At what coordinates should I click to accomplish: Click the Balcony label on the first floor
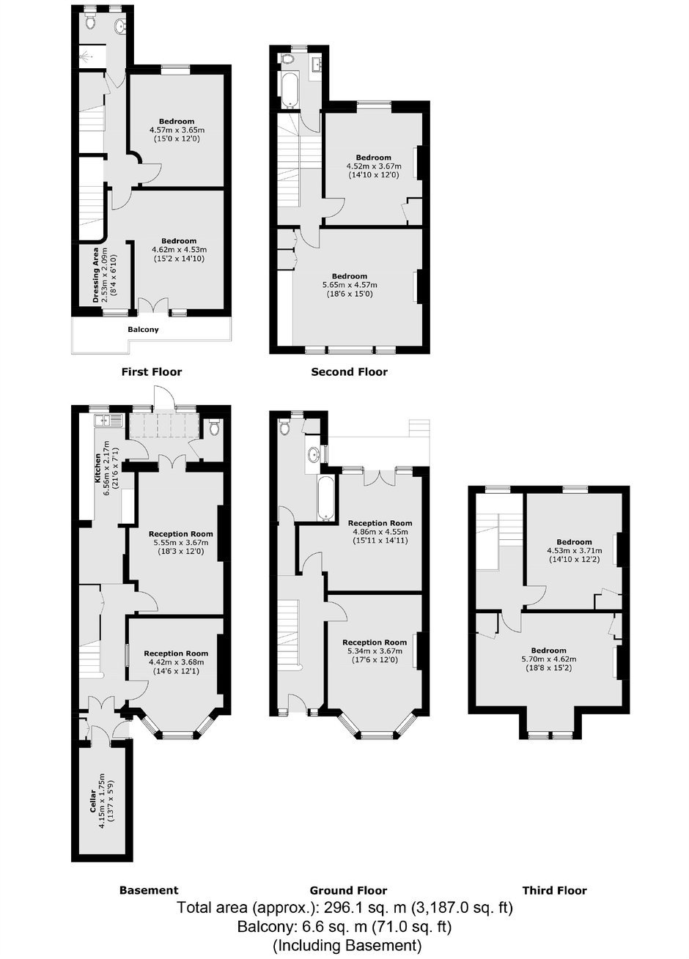click(143, 329)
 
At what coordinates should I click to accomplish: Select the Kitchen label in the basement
click(97, 469)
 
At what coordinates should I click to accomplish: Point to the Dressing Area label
click(95, 275)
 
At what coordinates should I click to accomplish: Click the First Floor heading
click(152, 371)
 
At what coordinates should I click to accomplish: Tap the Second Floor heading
click(349, 371)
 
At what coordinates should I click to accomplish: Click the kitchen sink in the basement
click(108, 421)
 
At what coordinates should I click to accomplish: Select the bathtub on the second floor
click(290, 90)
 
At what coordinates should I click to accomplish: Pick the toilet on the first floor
click(90, 22)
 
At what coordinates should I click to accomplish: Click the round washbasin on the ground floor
click(314, 454)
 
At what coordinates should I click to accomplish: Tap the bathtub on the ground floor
click(326, 498)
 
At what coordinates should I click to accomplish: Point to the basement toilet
click(214, 426)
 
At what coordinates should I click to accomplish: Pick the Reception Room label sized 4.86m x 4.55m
click(380, 523)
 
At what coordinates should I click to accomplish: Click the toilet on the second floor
click(287, 59)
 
